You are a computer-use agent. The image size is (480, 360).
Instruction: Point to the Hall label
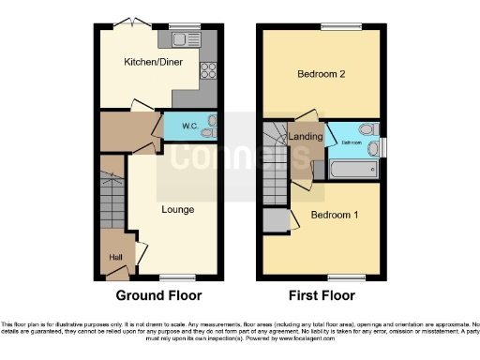pyautogui.click(x=114, y=257)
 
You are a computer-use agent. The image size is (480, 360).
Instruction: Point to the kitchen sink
pyautogui.click(x=178, y=38)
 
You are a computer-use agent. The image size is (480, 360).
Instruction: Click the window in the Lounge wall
pyautogui.click(x=172, y=277)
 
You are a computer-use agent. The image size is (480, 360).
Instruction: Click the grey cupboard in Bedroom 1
pyautogui.click(x=275, y=221)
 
